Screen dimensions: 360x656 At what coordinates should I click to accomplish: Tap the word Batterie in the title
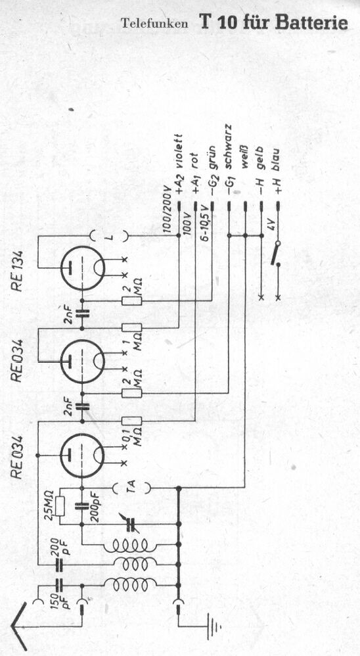click(311, 22)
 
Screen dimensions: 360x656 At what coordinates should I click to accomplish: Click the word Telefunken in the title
click(154, 24)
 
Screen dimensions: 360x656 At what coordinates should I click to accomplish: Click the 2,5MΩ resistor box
click(60, 506)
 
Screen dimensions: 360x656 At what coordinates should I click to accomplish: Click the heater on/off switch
click(276, 254)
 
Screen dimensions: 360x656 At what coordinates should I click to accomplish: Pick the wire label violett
click(179, 151)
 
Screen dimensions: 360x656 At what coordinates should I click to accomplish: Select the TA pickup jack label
click(131, 487)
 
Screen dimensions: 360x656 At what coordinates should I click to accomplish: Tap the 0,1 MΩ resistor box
click(131, 421)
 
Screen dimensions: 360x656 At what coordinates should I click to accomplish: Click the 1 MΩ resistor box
click(131, 328)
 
